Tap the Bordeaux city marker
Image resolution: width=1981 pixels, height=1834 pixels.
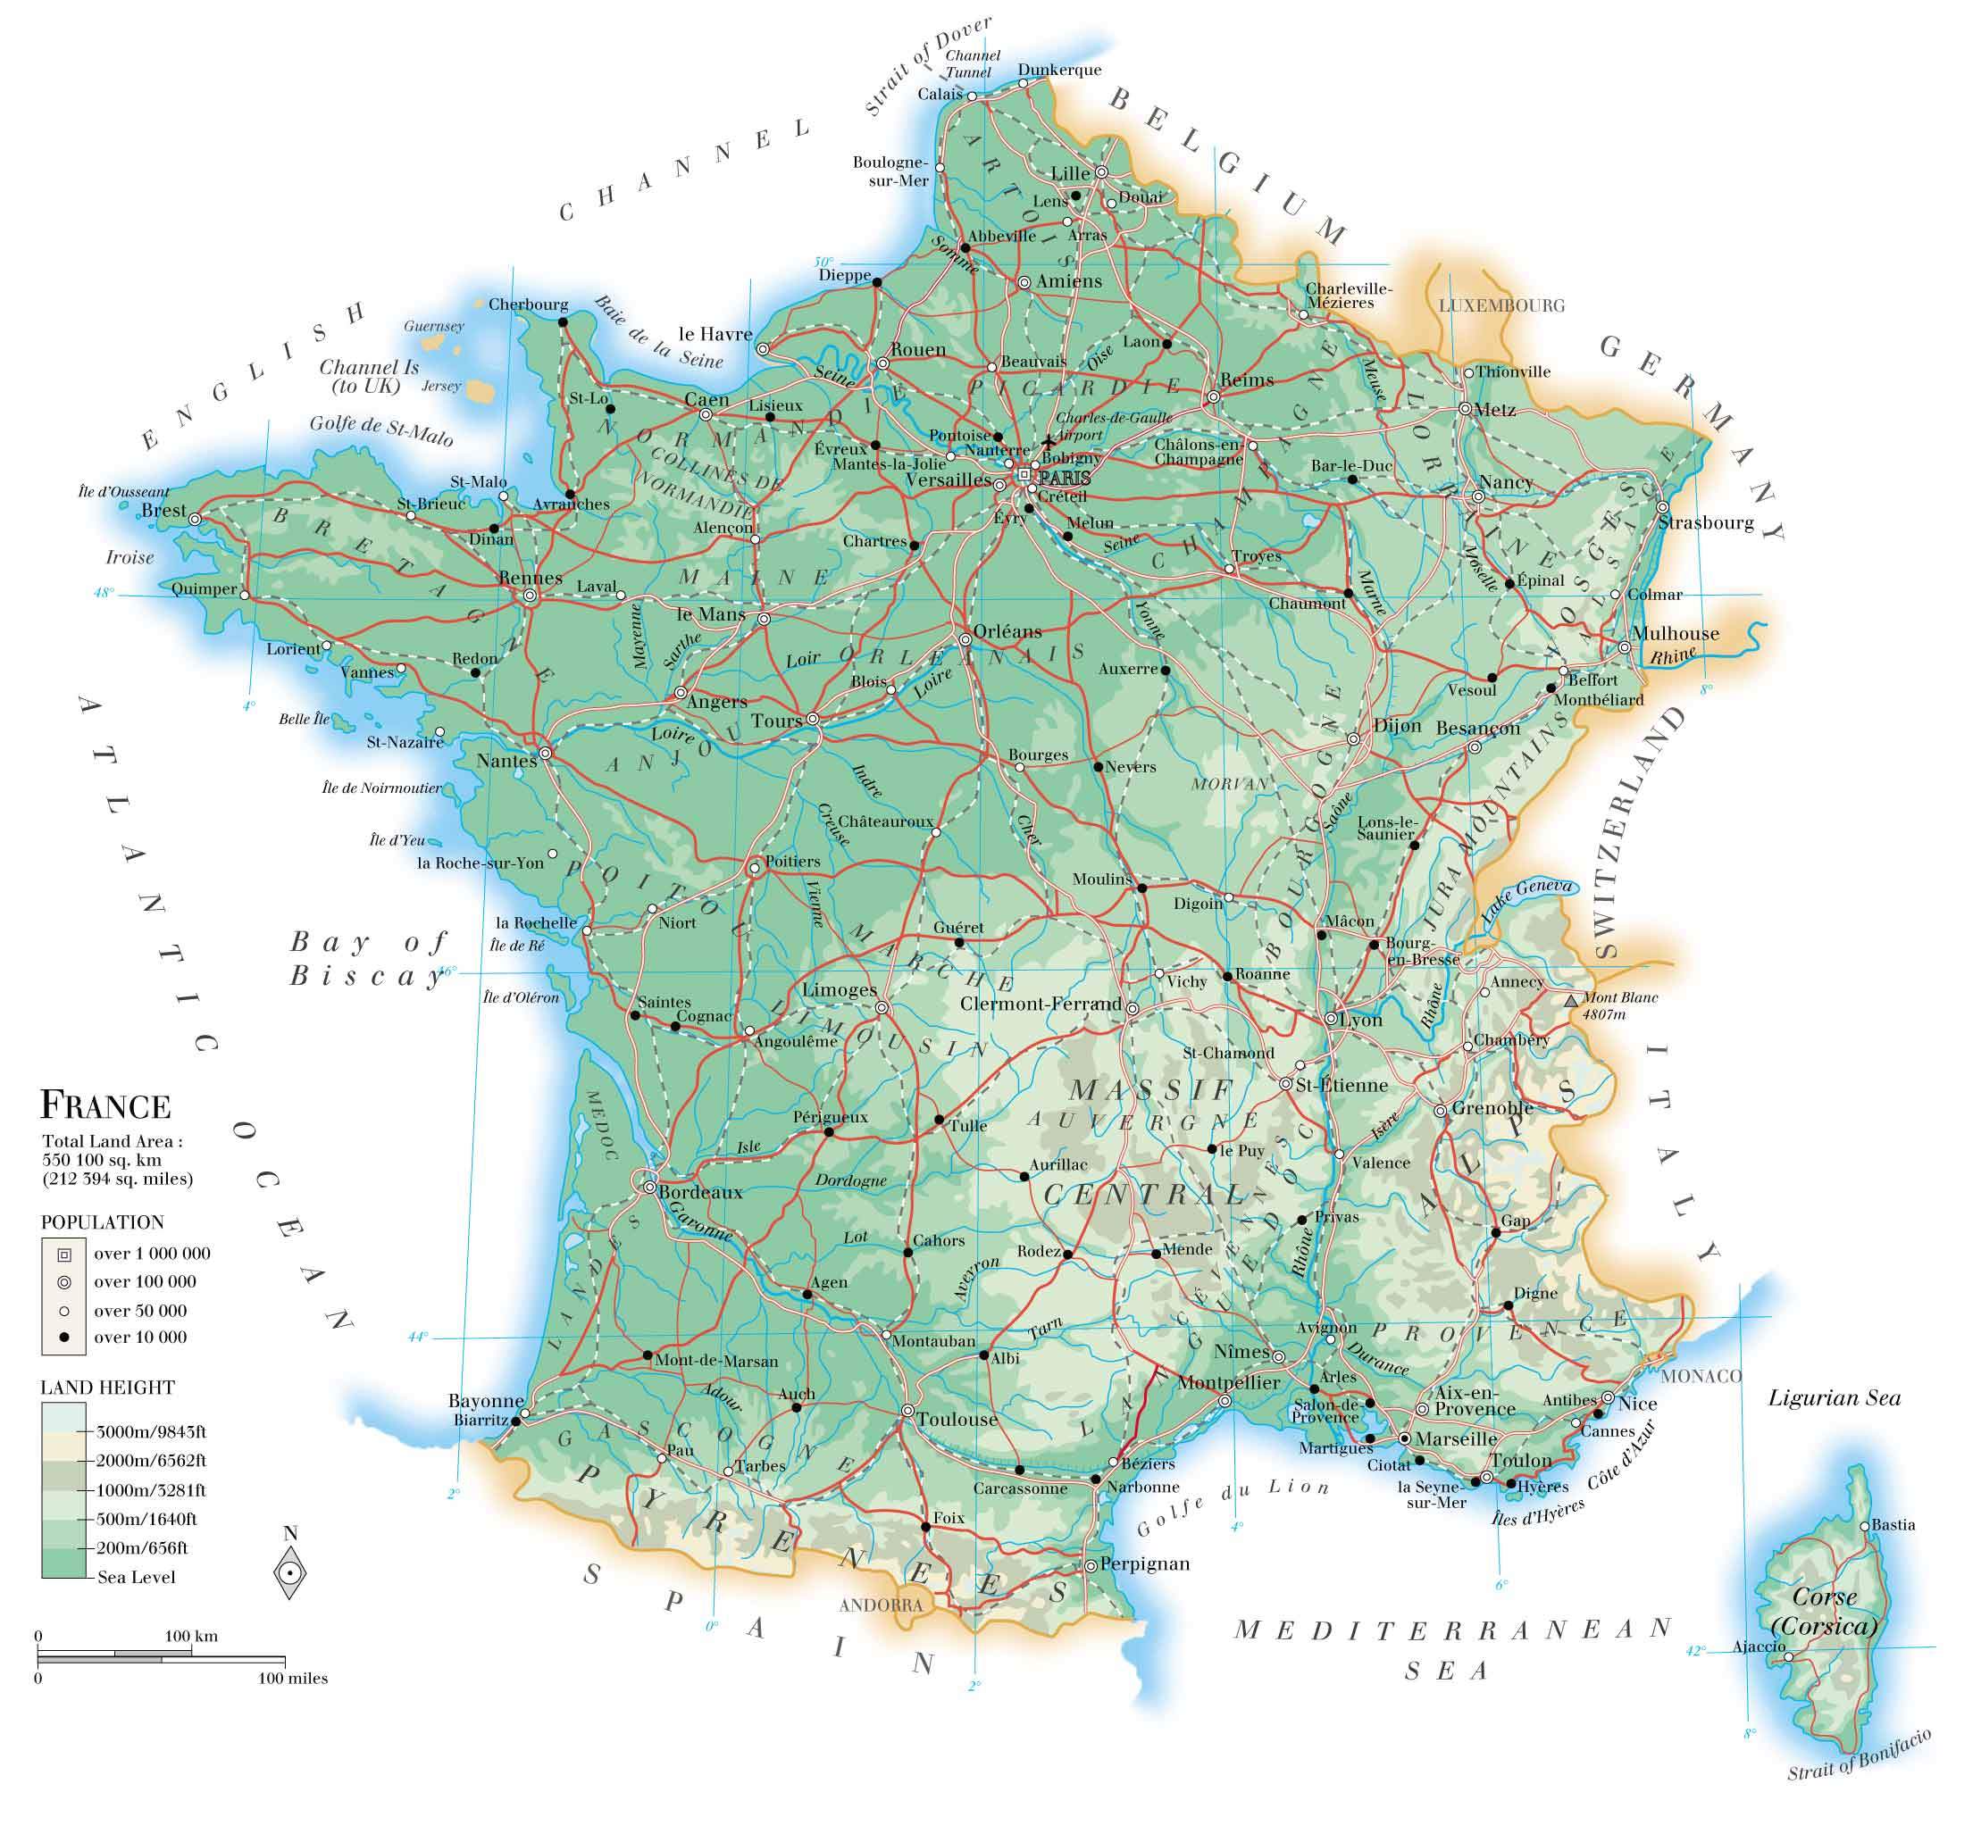649,1186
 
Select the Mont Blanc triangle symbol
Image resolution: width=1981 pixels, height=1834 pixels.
1570,1001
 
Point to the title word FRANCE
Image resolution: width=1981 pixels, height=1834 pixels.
105,1105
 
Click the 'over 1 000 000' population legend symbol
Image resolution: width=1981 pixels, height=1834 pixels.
64,1255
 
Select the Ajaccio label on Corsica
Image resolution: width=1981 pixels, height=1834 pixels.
1759,1646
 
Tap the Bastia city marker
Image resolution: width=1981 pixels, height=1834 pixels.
1865,1526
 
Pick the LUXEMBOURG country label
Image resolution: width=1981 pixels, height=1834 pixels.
1500,305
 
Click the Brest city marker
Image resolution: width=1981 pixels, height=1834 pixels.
196,518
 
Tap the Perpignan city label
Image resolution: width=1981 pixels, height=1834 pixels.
1144,1564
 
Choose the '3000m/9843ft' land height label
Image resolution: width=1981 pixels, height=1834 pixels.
151,1432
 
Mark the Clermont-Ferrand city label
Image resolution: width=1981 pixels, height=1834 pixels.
1041,1005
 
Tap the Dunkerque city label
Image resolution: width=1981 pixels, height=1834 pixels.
1059,70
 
